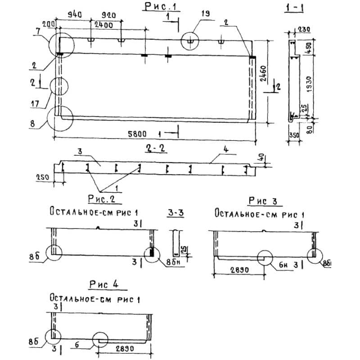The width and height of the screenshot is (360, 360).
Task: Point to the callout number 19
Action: (205, 14)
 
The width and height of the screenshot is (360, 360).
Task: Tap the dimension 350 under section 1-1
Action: (293, 135)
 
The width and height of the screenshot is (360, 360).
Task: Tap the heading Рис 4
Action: (103, 284)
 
